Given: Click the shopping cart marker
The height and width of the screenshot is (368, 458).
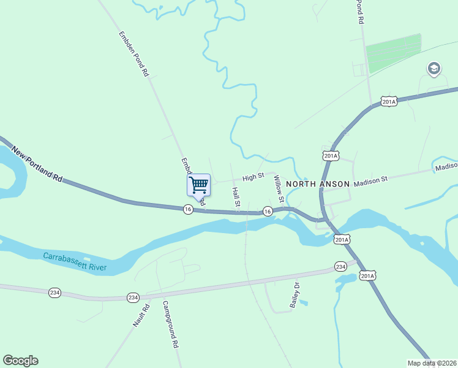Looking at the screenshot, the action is (198, 184).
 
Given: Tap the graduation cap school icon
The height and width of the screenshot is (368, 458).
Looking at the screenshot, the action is (434, 68).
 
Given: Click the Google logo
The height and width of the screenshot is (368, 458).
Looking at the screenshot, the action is (20, 361).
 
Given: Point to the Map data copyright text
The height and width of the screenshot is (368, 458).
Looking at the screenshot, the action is (432, 363).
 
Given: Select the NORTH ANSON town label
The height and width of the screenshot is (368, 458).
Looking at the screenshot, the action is (317, 184).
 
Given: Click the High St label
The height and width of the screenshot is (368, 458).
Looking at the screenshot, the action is (253, 177).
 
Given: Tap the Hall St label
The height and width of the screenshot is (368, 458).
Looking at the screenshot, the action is (236, 197).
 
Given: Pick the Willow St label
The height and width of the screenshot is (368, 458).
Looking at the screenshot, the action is (279, 189).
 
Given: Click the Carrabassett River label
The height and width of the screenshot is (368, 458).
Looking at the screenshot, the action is (75, 261).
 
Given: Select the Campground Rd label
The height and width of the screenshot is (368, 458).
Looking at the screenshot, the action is (170, 324).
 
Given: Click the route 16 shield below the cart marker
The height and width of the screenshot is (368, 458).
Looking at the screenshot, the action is (188, 209).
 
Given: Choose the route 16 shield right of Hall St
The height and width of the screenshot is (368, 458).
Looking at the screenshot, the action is (268, 211).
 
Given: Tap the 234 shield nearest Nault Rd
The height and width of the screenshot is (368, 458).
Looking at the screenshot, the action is (133, 297).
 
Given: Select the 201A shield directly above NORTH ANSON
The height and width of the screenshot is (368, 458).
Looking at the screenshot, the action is (331, 156).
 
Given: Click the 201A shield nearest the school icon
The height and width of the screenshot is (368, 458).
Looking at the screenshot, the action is (389, 101).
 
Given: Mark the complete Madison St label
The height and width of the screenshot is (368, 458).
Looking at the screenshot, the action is (371, 180).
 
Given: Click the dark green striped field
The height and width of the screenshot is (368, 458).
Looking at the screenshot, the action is (394, 53).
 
